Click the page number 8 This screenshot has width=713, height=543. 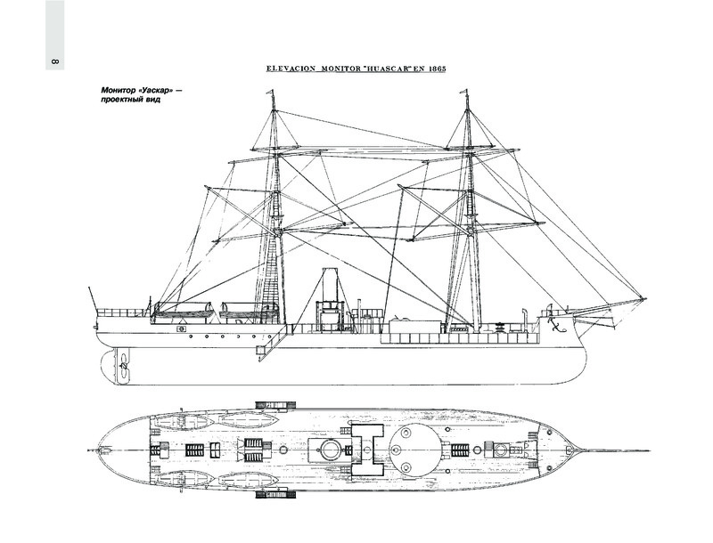click(x=55, y=63)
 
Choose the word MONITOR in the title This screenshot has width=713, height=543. click(x=333, y=69)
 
